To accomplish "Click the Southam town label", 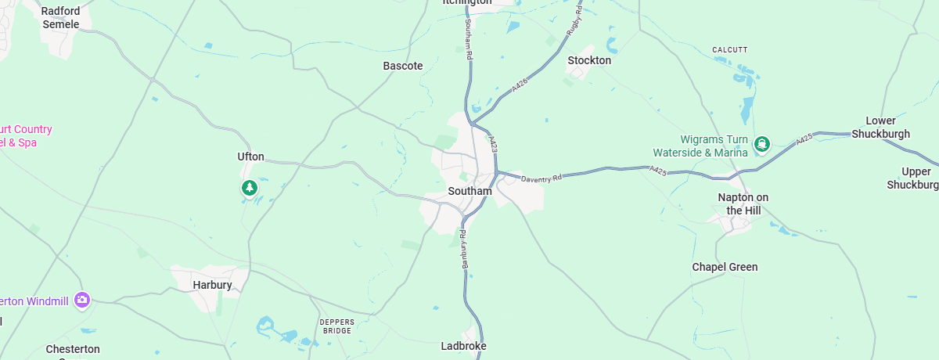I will coord(469,191).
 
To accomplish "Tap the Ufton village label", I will coord(250,157).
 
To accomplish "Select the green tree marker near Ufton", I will coord(250,188).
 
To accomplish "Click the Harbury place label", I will coord(212,285).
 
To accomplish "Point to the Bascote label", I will coord(402,66).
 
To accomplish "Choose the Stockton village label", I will coord(589,60).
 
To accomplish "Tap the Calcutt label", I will coord(729,50).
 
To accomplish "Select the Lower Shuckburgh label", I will coord(887,128).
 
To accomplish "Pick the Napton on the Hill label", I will coord(743,203).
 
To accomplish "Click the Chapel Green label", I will coord(725,267).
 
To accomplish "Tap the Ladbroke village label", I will coord(463,346).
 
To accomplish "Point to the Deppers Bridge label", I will coord(336,326).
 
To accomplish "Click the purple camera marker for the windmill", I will coord(82,300).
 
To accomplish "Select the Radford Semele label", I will coord(60,17).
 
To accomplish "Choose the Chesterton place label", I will coord(73,349).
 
